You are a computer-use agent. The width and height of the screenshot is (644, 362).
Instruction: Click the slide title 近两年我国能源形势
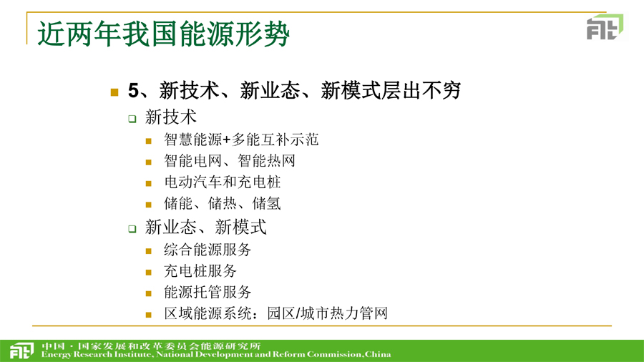163,34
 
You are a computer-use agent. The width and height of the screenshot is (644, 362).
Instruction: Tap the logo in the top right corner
605,26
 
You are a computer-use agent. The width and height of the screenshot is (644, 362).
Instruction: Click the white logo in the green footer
21,350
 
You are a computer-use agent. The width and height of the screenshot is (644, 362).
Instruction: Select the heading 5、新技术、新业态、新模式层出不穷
294,90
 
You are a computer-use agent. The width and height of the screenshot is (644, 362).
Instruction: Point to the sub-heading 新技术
171,117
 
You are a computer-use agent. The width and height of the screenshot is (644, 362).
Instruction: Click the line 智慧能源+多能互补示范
241,140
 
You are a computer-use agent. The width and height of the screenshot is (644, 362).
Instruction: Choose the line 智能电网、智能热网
230,160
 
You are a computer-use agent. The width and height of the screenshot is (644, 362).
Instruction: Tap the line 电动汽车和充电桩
223,182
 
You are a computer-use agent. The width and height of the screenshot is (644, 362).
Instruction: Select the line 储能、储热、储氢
223,203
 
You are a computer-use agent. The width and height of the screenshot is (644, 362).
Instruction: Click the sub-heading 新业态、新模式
206,227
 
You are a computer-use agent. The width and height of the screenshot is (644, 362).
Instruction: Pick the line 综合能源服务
208,250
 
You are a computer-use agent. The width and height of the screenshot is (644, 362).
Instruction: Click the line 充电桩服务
200,271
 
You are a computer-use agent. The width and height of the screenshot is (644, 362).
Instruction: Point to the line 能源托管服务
208,292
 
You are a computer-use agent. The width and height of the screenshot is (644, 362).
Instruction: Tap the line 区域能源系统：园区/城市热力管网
275,313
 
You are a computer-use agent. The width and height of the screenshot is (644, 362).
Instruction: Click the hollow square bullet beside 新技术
132,119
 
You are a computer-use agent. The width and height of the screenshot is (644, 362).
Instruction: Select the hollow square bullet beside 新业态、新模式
132,229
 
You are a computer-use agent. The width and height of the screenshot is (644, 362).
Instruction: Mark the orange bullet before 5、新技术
114,92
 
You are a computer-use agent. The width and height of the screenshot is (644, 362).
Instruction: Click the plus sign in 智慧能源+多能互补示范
227,140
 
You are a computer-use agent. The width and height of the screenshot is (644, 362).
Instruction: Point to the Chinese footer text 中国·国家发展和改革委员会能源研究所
151,346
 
